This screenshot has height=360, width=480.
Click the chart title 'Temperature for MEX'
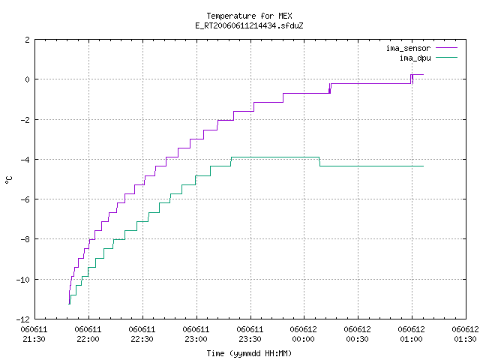[x=249, y=16]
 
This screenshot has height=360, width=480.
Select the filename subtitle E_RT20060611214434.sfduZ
[x=249, y=25]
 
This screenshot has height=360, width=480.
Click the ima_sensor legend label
[x=408, y=48]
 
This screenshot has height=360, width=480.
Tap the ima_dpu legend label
[x=415, y=58]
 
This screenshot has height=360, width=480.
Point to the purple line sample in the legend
[x=446, y=48]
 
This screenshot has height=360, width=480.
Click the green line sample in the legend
[x=446, y=58]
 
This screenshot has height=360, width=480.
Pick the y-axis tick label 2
[x=28, y=40]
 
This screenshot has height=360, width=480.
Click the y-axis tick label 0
[x=28, y=79]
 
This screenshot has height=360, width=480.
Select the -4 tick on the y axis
[x=25, y=160]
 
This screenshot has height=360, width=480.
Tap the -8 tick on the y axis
[x=25, y=239]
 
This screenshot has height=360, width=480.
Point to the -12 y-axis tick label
[x=23, y=319]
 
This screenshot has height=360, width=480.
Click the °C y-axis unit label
[x=9, y=180]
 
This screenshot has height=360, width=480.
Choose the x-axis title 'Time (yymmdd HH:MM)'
[x=249, y=353]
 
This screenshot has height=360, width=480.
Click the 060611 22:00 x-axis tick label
[x=88, y=334]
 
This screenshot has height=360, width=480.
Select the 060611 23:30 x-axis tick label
[x=250, y=334]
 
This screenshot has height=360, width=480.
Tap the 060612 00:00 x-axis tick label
[x=303, y=334]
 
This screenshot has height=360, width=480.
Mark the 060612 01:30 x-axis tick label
[x=465, y=334]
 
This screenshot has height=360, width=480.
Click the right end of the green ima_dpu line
[x=423, y=166]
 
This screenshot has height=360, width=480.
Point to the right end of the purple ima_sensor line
[x=423, y=74]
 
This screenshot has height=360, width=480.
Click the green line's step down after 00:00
[x=319, y=162]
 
